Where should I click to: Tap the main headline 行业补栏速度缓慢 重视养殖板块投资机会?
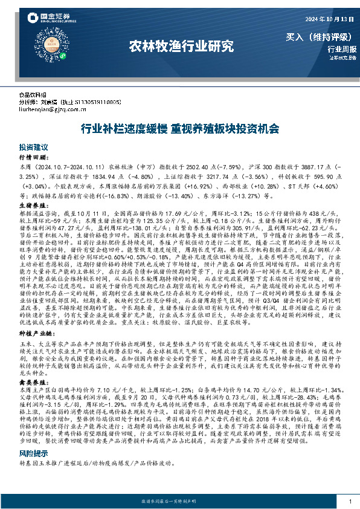click(x=179, y=129)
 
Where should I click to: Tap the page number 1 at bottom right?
click(x=350, y=502)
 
